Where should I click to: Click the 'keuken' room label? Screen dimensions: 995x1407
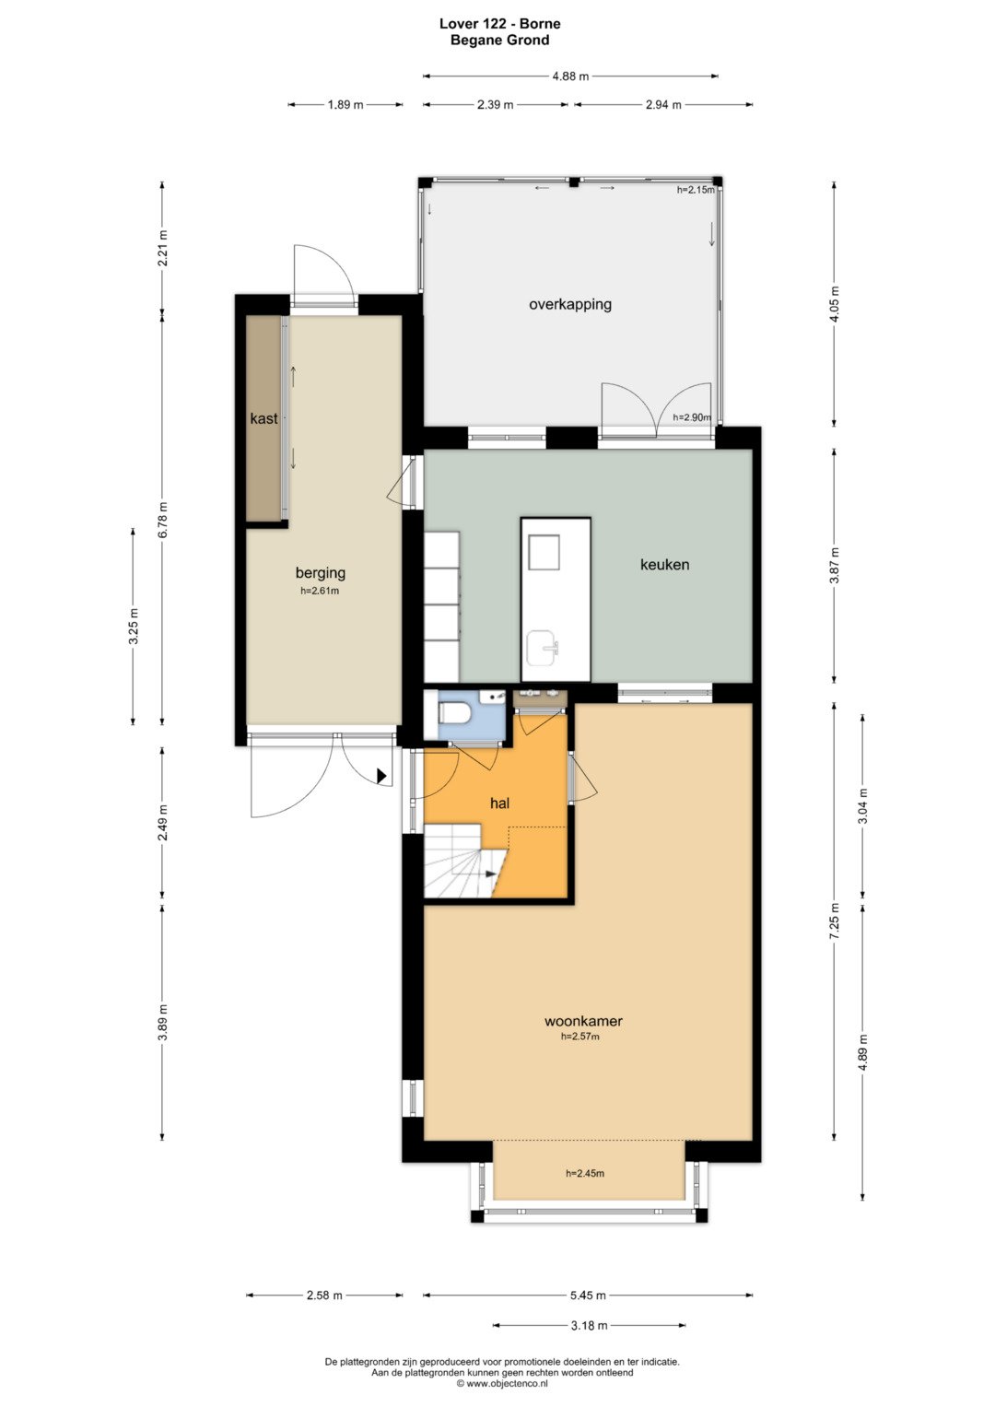664,565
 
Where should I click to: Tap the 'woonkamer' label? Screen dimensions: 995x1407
583,1021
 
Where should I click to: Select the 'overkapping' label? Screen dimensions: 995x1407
569,305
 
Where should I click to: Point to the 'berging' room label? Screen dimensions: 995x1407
321,573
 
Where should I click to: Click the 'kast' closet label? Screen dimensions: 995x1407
263,419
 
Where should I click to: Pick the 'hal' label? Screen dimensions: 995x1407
499,803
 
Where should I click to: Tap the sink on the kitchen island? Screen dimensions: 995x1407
543,649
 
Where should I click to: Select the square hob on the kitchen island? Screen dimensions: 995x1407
544,552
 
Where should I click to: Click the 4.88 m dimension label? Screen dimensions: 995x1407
570,76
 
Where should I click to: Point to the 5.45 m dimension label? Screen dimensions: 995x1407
588,1296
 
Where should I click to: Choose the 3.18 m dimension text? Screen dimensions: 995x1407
589,1326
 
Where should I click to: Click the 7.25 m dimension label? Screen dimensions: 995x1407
834,921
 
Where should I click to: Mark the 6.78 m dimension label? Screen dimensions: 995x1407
163,520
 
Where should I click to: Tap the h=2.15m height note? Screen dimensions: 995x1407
696,190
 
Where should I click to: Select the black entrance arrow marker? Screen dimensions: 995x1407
381,776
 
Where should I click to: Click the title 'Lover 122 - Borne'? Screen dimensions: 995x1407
500,24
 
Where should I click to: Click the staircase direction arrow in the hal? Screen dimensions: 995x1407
490,874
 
